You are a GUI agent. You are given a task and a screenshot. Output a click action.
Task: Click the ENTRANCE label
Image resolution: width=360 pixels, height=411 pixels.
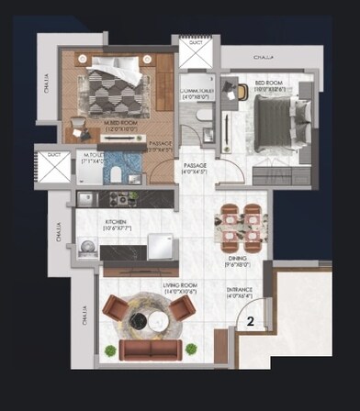[x=241, y=293]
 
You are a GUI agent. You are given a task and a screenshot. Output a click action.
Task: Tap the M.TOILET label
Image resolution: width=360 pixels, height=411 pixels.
[x=90, y=158]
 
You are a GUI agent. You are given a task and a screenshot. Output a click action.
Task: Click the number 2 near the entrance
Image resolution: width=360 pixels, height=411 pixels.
[x=249, y=322]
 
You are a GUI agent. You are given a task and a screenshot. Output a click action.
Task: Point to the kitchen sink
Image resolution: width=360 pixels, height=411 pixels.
[x=85, y=198]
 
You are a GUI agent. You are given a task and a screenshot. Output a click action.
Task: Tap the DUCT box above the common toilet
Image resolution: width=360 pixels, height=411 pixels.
[x=196, y=54]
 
